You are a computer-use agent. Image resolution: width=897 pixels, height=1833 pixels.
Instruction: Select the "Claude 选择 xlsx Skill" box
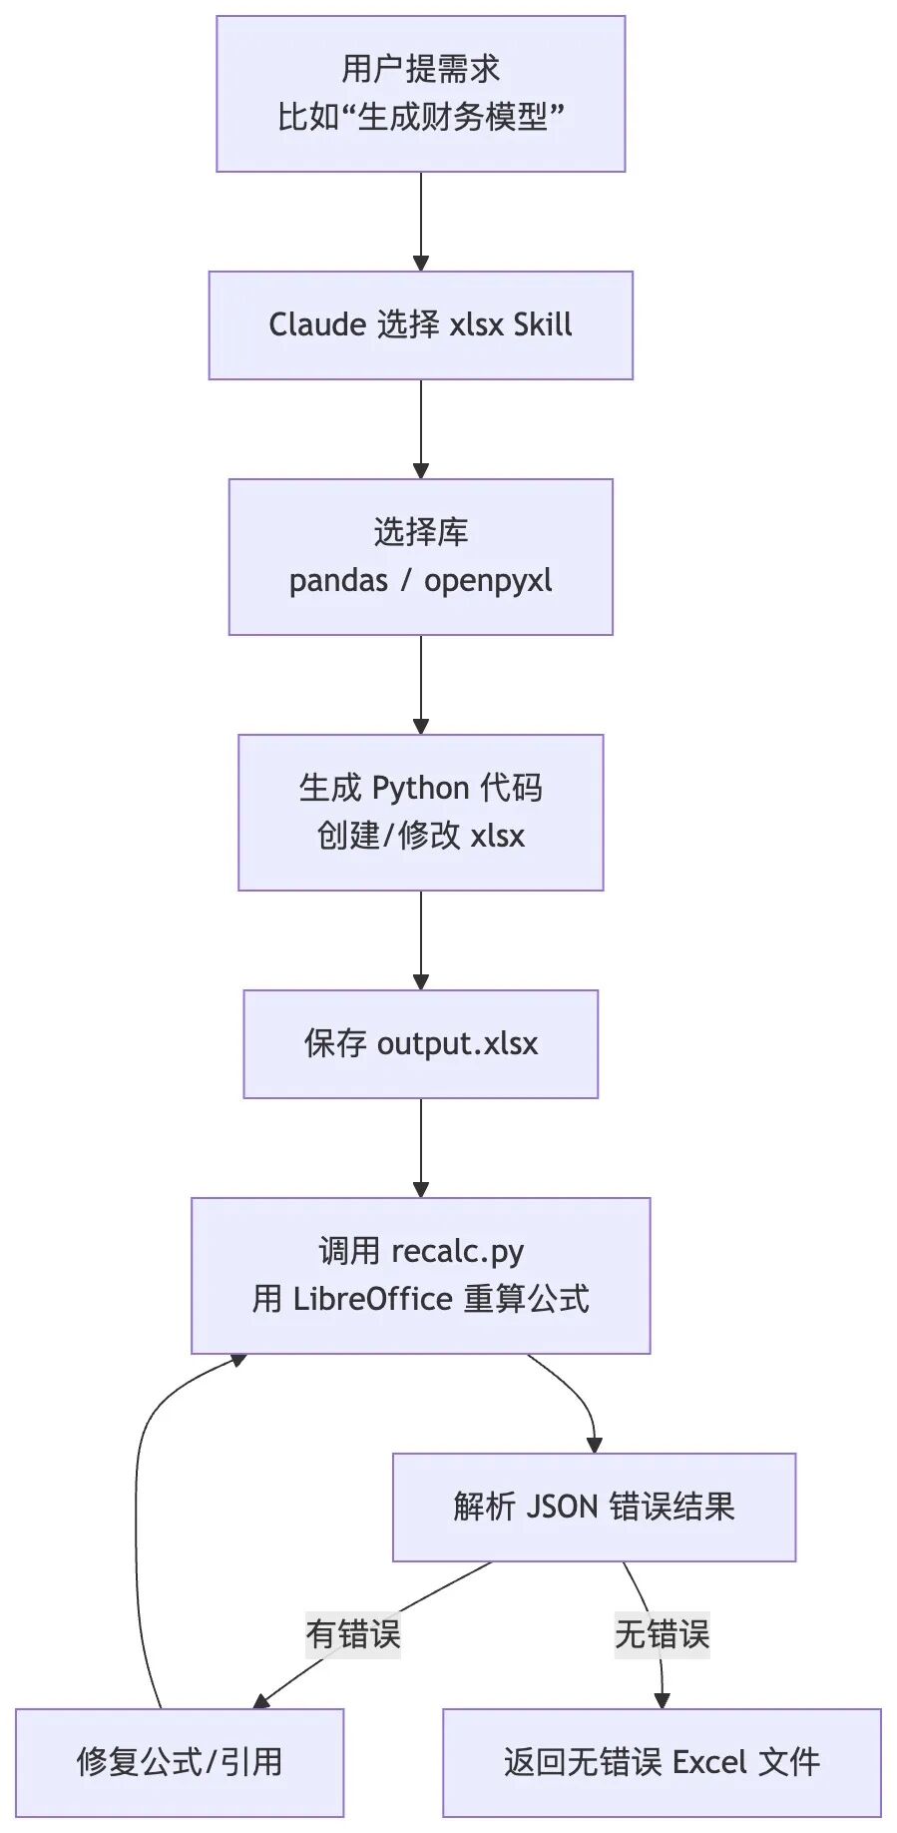pos(420,325)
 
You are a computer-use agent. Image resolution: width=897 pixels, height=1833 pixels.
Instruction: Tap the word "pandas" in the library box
pos(338,581)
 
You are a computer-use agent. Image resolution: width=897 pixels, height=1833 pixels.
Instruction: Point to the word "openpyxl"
pos(488,581)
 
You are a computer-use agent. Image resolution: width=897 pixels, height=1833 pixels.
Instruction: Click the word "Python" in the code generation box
pos(420,789)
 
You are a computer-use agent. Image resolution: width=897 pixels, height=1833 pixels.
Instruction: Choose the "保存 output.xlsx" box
pos(420,1044)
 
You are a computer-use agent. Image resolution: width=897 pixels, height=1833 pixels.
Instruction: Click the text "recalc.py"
pos(457,1251)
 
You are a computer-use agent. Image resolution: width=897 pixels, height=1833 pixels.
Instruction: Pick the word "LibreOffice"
pos(372,1299)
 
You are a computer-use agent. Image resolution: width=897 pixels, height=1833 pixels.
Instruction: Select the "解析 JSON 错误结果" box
pos(594,1507)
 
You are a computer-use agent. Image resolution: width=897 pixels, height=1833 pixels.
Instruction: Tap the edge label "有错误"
pos(353,1634)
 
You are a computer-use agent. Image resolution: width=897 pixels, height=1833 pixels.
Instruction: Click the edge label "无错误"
pos(662,1634)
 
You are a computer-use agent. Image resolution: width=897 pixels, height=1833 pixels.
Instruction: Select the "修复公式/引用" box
pos(180,1762)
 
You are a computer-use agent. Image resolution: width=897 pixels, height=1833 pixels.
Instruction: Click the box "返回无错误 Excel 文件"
pos(662,1762)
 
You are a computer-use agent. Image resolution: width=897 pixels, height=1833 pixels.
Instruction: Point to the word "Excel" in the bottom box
pos(709,1762)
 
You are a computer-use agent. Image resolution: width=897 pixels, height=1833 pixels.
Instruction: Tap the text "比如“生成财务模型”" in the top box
pos(420,118)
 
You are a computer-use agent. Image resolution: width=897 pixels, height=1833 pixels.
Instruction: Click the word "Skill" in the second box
pos(542,325)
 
